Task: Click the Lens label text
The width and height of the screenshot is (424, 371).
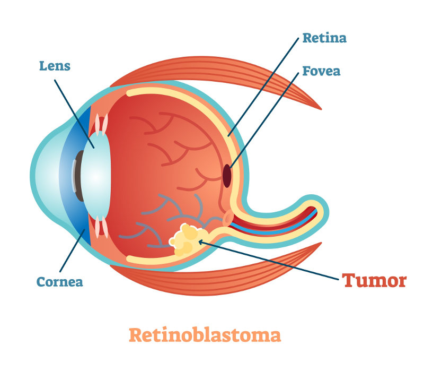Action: (55, 66)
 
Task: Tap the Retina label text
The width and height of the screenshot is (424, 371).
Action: (324, 38)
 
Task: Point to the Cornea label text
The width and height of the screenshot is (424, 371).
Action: (59, 281)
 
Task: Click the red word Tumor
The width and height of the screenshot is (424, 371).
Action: (374, 280)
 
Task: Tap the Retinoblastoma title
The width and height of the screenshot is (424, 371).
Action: (205, 335)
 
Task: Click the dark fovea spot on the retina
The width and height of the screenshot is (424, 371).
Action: (227, 176)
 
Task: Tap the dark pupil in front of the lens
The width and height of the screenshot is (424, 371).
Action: (78, 176)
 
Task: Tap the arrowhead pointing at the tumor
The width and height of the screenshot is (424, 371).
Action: (201, 242)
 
